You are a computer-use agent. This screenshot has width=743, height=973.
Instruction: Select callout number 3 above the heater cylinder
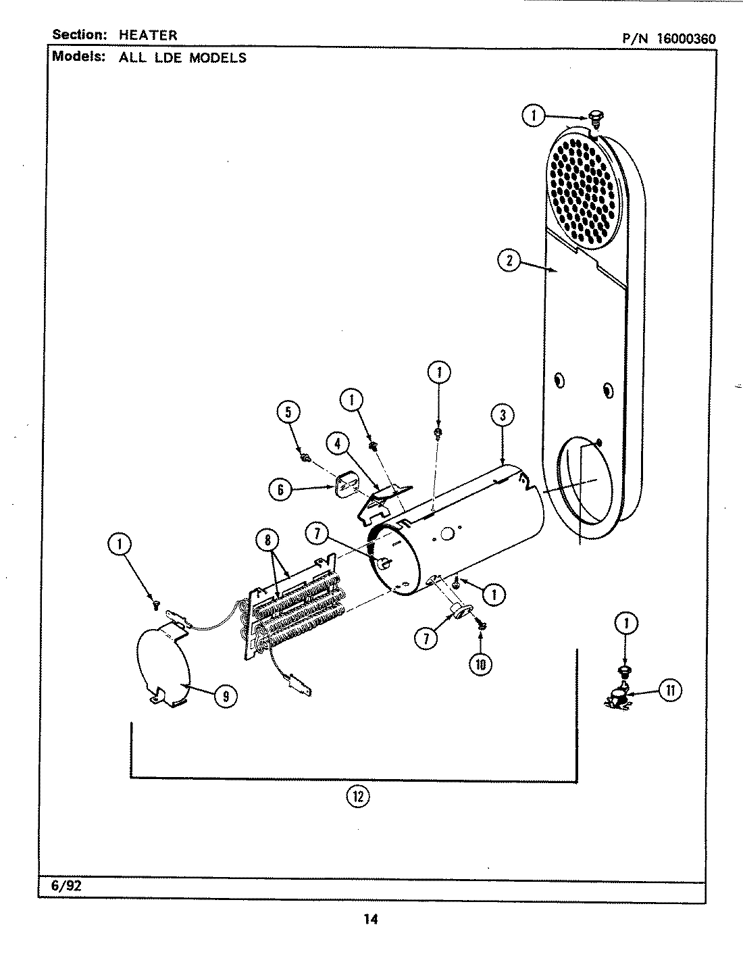[x=503, y=416]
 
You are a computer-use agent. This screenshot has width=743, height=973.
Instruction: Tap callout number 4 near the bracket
[x=338, y=444]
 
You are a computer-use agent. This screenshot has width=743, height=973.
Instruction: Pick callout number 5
[x=289, y=412]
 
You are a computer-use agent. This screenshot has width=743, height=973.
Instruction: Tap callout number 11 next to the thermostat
[x=671, y=690]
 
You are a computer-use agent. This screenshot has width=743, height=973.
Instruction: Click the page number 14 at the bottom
[x=371, y=918]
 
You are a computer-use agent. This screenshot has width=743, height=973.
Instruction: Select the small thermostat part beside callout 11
[x=618, y=698]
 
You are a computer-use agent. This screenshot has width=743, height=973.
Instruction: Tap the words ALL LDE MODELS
[x=182, y=58]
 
